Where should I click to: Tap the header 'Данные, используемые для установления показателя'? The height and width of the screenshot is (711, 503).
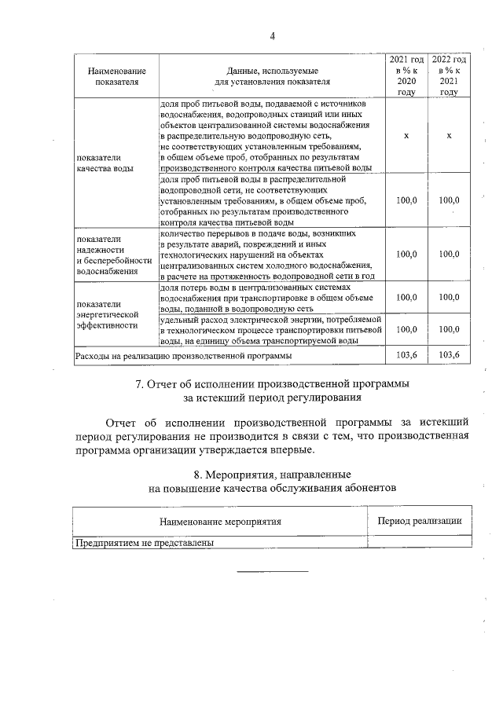pyautogui.click(x=272, y=75)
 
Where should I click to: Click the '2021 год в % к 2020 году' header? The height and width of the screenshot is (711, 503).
pyautogui.click(x=406, y=75)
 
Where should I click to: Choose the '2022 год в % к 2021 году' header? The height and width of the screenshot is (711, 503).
pyautogui.click(x=449, y=75)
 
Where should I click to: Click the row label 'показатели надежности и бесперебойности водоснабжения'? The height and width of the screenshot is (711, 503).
pyautogui.click(x=113, y=255)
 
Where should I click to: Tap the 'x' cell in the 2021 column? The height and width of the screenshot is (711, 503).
pyautogui.click(x=406, y=136)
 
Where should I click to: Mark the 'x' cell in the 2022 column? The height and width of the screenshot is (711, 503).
pyautogui.click(x=449, y=136)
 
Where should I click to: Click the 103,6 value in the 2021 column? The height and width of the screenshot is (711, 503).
pyautogui.click(x=406, y=356)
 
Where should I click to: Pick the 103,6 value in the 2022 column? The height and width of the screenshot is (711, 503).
pyautogui.click(x=449, y=356)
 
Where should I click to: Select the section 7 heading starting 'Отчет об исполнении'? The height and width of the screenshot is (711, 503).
pyautogui.click(x=272, y=390)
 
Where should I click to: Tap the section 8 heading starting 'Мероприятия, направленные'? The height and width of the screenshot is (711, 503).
pyautogui.click(x=272, y=481)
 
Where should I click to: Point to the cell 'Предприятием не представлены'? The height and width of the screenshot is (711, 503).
pyautogui.click(x=145, y=542)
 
